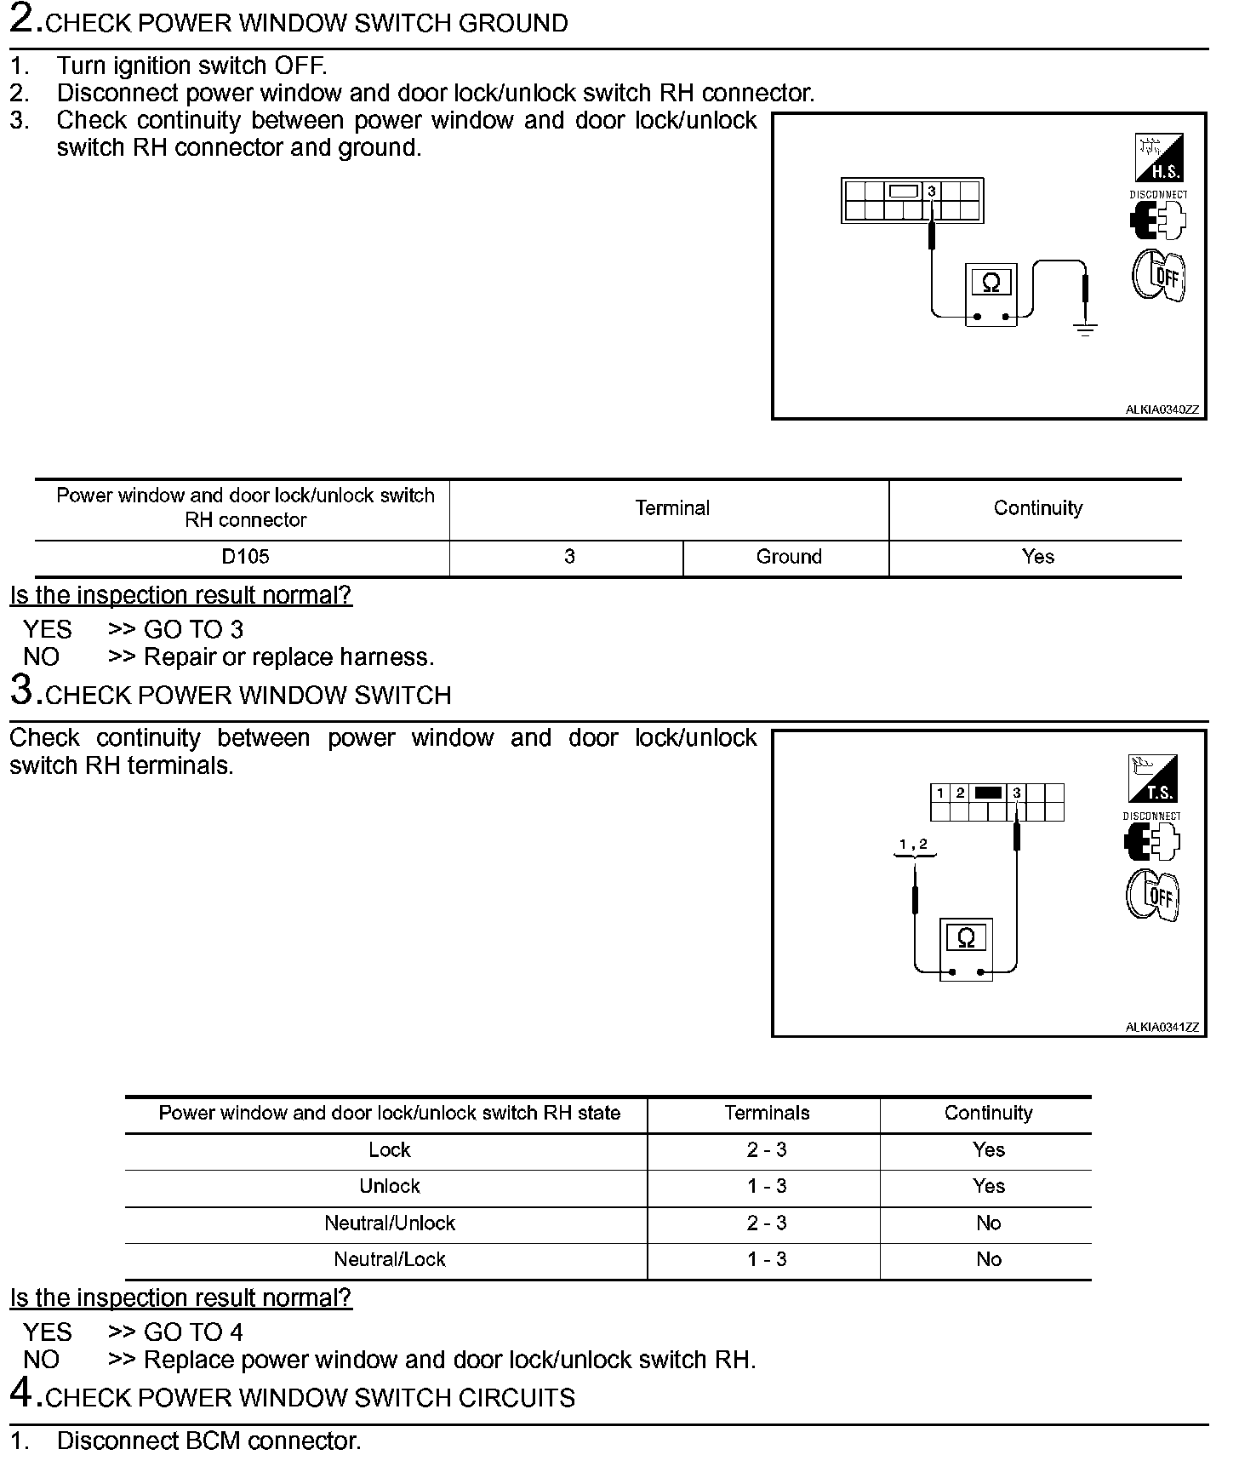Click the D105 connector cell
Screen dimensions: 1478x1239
tap(245, 557)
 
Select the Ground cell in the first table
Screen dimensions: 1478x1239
tap(789, 557)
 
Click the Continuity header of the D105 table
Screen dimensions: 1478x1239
tap(1037, 508)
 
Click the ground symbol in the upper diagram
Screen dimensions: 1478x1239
tap(1085, 329)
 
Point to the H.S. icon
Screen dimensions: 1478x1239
tap(1159, 158)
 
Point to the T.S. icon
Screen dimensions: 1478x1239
tap(1152, 779)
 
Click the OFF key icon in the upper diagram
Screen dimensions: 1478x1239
tap(1159, 274)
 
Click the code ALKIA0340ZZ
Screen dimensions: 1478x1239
tap(1162, 410)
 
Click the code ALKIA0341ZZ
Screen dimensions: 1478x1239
tap(1162, 1028)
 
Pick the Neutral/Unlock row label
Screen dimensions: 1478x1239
tap(390, 1223)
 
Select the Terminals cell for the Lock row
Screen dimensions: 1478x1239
tap(767, 1150)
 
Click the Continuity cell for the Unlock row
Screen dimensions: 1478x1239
tap(989, 1187)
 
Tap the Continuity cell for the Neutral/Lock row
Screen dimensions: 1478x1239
tap(989, 1260)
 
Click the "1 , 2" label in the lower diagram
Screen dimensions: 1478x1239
tap(914, 845)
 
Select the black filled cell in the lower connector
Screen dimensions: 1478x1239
tap(988, 793)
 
